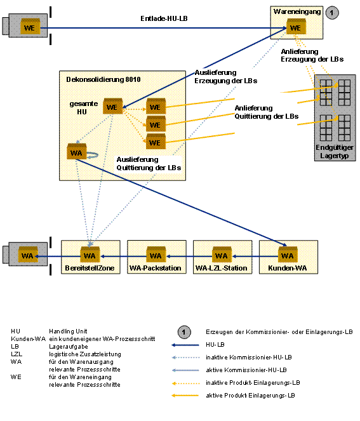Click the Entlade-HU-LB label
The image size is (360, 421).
point(164,18)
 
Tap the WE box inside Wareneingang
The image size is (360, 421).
point(296,27)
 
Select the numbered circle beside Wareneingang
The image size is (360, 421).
point(332,13)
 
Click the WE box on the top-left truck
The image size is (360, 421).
point(30,27)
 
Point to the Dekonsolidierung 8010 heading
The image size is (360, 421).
point(103,79)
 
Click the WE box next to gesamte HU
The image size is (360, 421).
point(113,106)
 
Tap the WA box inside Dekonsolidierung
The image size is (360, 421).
point(77,151)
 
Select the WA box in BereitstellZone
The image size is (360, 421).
point(90,255)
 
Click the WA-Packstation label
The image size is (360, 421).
point(156,268)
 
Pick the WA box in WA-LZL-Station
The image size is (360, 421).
point(222,255)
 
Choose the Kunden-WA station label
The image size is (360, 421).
point(288,268)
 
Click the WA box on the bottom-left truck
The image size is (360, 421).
point(28,255)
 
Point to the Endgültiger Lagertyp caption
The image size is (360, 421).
point(335,151)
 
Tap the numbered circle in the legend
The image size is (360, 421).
point(184,332)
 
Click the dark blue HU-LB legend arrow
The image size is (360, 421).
point(185,345)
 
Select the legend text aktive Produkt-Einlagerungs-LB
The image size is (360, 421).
point(250,395)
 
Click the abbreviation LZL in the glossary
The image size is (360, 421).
point(17,354)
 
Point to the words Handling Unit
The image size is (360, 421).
point(68,331)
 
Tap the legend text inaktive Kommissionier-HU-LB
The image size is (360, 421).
point(249,357)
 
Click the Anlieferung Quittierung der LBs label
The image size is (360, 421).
point(267,112)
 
